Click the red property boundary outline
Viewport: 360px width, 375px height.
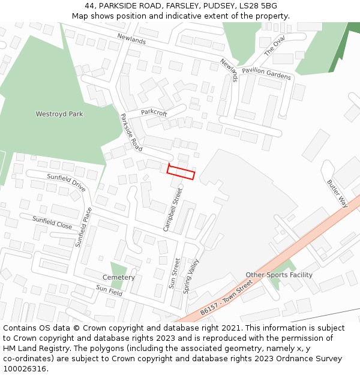point(181,172)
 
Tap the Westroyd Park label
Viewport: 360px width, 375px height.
point(59,114)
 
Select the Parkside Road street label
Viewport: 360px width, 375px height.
point(131,133)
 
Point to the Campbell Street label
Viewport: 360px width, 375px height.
point(172,209)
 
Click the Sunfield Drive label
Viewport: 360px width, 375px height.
point(67,182)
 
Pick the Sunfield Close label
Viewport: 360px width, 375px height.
point(52,223)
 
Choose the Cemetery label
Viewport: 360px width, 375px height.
point(119,277)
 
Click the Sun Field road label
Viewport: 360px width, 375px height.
point(109,291)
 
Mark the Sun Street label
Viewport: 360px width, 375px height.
point(175,274)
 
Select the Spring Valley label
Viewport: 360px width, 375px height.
point(191,274)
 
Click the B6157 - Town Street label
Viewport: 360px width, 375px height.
point(227,301)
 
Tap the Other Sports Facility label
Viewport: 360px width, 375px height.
point(279,275)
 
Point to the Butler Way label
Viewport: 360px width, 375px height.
point(337,193)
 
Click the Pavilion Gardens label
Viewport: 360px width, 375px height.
point(266,74)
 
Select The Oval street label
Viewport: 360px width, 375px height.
point(275,45)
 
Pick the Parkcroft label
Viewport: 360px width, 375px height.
point(154,112)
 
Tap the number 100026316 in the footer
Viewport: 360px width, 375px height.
point(25,368)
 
